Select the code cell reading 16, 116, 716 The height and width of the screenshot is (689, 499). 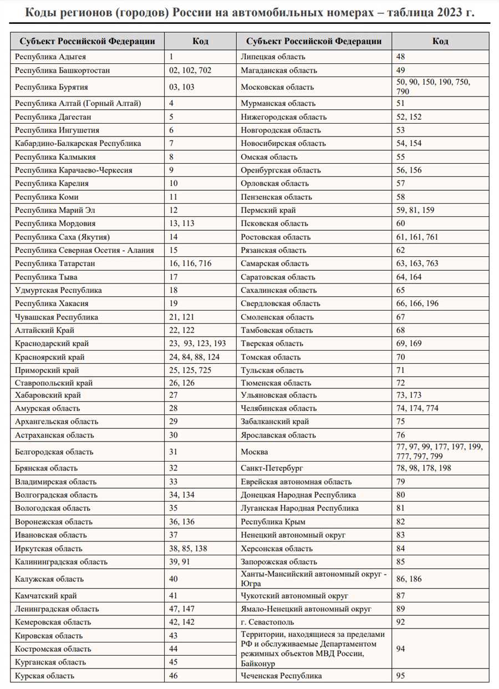click(x=190, y=264)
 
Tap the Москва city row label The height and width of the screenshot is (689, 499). click(x=254, y=452)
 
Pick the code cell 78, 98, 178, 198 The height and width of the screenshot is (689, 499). click(x=424, y=468)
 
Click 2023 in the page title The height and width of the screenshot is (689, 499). click(x=450, y=13)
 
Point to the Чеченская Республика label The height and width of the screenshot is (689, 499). click(x=281, y=676)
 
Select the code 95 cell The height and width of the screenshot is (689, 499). click(x=401, y=676)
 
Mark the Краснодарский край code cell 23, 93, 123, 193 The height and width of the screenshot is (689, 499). click(x=197, y=344)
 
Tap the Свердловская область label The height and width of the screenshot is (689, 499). click(x=280, y=303)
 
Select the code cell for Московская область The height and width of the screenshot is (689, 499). click(x=433, y=87)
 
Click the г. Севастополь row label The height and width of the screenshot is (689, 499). click(x=267, y=622)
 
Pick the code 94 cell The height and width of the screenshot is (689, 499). click(x=401, y=649)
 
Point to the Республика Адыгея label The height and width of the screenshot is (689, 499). click(x=50, y=57)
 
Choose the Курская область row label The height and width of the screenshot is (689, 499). click(x=45, y=676)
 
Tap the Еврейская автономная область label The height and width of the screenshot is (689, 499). click(x=296, y=482)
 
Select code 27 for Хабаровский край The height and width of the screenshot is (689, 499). click(x=174, y=395)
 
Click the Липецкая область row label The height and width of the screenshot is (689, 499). click(x=273, y=57)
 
